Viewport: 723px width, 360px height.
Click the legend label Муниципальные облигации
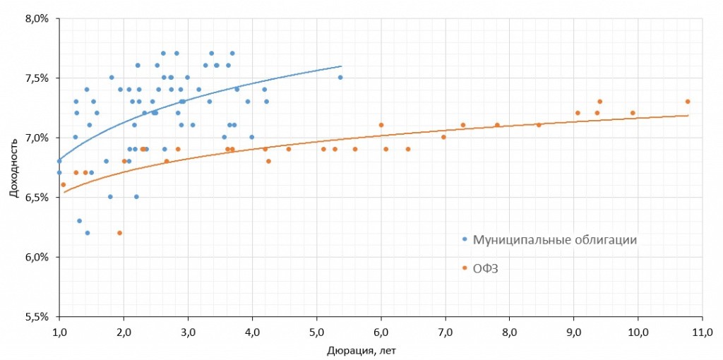point(555,239)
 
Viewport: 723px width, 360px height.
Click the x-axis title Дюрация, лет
point(368,349)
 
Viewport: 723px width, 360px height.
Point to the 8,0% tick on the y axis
point(36,19)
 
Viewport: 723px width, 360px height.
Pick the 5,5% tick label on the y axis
point(36,316)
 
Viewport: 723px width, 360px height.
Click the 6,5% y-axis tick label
point(36,198)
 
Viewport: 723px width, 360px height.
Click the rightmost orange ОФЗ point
point(688,102)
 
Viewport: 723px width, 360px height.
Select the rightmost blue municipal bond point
point(340,78)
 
